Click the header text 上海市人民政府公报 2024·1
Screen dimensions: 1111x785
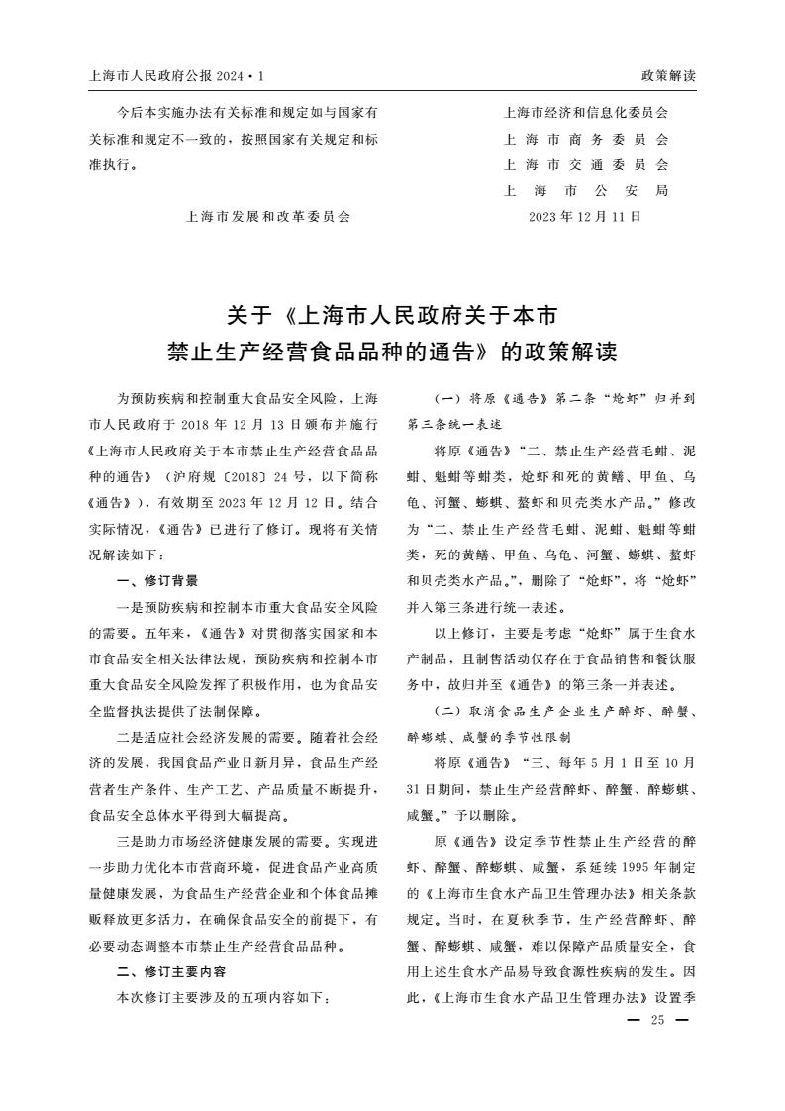pos(177,75)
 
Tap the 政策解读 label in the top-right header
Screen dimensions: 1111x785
pos(668,75)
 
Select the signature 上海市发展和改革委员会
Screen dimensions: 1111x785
pos(268,215)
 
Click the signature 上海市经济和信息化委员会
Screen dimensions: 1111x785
pos(586,113)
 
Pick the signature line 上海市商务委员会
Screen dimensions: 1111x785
pos(586,139)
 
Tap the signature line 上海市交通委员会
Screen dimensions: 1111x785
pos(586,164)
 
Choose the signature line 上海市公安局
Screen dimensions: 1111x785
pos(586,190)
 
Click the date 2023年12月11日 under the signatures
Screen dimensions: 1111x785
pos(585,215)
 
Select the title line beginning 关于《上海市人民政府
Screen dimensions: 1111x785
pos(392,318)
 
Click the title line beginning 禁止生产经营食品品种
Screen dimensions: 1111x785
pos(392,353)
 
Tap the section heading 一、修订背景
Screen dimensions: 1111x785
pos(157,580)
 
